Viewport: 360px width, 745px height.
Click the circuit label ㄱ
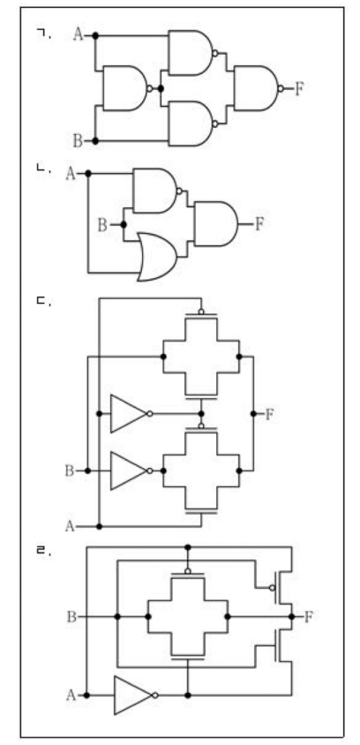(43, 34)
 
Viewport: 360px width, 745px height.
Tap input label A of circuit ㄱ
(79, 34)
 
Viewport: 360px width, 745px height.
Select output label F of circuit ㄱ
(298, 88)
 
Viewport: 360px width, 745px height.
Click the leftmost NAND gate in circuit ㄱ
(127, 88)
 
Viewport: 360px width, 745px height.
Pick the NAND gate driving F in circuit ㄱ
(259, 88)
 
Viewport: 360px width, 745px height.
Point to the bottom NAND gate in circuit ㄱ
(193, 124)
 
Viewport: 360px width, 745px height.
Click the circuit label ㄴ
(43, 169)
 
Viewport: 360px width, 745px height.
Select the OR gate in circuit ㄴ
(157, 257)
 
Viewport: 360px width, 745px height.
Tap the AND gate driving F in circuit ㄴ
(216, 224)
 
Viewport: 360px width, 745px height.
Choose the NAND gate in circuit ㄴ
(157, 191)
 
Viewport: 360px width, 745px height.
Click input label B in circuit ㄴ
(102, 225)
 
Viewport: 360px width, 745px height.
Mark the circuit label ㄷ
(43, 302)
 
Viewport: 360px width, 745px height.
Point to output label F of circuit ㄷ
(269, 414)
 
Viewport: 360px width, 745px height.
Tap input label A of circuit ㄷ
(70, 526)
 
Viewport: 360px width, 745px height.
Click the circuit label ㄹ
(43, 551)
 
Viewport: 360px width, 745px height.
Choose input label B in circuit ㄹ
(71, 617)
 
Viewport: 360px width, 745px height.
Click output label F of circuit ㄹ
(309, 617)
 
